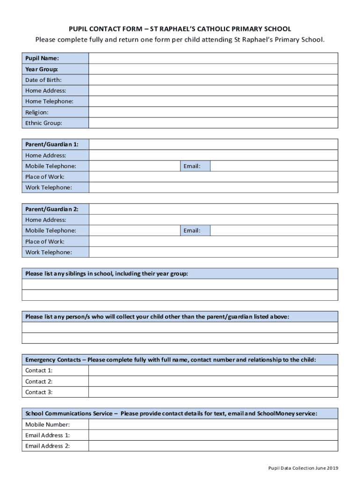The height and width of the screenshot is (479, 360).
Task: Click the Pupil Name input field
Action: coord(213,58)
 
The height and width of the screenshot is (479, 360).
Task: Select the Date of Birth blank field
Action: coord(213,80)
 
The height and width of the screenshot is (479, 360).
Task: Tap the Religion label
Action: coord(37,112)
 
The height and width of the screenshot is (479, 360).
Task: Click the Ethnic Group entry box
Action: coord(213,123)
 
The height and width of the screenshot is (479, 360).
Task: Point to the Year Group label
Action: coord(42,69)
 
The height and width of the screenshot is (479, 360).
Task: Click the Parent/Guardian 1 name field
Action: coord(213,145)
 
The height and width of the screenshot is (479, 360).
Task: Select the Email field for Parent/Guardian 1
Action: coord(274,166)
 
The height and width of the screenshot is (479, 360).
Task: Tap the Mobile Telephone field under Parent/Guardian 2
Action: coord(134,231)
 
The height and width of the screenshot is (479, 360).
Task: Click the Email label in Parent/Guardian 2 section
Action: coord(192,231)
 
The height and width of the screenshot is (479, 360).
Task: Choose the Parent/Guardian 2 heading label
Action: coord(52,209)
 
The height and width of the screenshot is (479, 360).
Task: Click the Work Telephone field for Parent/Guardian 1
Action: coord(213,188)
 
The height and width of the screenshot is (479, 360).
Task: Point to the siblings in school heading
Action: coord(107,274)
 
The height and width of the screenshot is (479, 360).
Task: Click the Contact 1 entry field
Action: coord(213,370)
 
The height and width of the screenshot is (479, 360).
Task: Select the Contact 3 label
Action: coord(39,392)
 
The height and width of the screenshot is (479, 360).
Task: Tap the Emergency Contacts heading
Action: coord(171,360)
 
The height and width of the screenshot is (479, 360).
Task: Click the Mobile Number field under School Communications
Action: coord(213,424)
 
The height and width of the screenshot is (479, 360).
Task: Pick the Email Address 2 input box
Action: coord(213,446)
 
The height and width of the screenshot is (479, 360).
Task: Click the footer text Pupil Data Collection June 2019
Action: coord(303,468)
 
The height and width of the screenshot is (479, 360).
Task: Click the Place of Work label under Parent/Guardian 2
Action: coord(45,241)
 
